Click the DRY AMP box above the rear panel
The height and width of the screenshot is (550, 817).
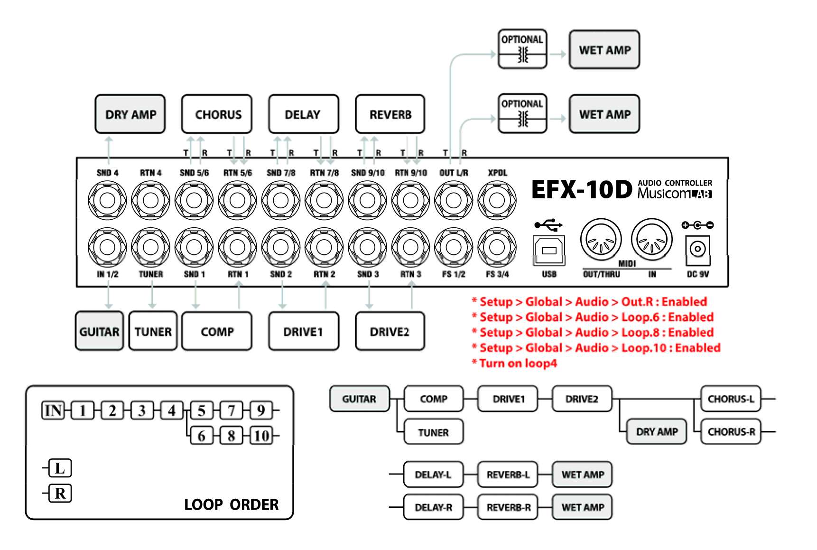130,114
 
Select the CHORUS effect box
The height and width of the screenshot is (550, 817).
217,114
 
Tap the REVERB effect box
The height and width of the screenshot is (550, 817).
390,114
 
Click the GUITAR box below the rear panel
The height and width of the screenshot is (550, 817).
99,331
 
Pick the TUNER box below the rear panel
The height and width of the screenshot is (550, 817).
153,331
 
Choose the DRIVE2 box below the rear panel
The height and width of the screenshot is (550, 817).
390,331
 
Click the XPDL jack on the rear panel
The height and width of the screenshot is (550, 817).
497,200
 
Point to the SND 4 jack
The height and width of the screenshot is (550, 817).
107,200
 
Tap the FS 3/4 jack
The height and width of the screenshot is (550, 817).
497,247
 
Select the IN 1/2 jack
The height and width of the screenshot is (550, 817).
107,247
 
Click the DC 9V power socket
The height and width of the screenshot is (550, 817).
697,249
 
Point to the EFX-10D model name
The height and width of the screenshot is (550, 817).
582,190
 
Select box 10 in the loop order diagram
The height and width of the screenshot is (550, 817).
261,435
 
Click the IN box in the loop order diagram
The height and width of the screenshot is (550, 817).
53,410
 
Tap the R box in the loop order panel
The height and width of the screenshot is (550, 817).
60,493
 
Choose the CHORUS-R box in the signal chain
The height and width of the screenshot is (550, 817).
731,432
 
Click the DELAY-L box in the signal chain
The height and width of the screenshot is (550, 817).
433,475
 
